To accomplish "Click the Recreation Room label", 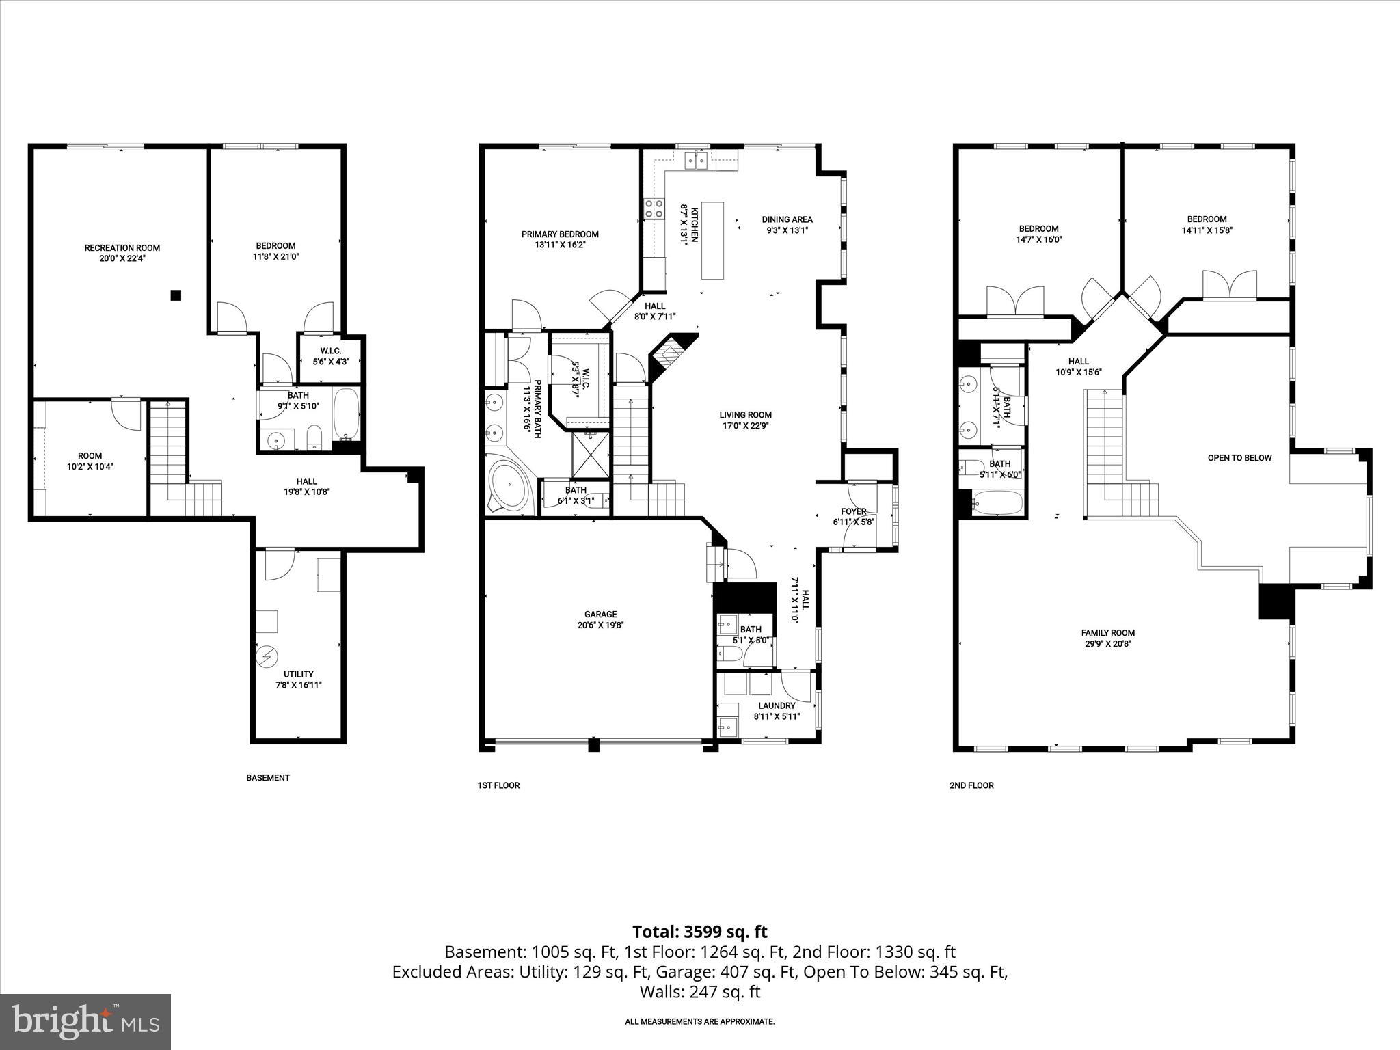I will (x=122, y=247).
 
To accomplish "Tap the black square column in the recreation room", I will (x=176, y=295).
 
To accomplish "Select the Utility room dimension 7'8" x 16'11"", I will (x=299, y=684).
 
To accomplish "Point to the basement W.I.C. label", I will (x=331, y=351).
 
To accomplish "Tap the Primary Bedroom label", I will (x=560, y=234).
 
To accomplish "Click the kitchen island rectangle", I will (x=712, y=240).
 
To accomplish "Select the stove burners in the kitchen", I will (x=654, y=208).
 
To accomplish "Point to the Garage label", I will (x=600, y=614).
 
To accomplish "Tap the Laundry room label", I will (x=777, y=705).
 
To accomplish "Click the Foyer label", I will (x=853, y=511).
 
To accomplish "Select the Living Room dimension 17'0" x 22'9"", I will (x=745, y=425).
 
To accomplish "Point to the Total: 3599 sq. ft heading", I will (x=699, y=932).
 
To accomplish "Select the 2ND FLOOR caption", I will (x=971, y=785).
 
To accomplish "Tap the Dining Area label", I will (x=787, y=219).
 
